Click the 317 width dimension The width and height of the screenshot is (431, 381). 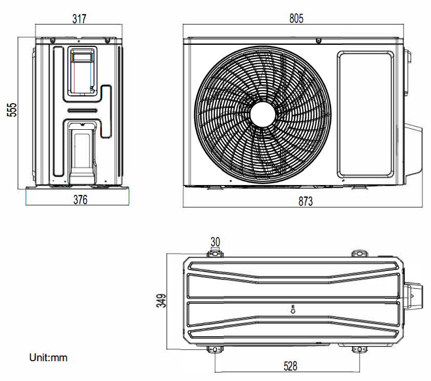(79, 19)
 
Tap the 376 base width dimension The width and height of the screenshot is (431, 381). (80, 200)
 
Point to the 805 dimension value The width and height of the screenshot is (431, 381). (296, 19)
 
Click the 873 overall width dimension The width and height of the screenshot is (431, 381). (306, 201)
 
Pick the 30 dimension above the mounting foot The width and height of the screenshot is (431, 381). (215, 242)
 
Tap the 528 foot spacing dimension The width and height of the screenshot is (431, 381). (290, 366)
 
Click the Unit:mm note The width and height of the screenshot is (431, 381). (48, 358)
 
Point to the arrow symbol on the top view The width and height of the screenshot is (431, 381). (293, 309)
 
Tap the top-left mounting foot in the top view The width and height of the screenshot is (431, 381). (215, 253)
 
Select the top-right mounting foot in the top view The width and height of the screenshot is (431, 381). (359, 253)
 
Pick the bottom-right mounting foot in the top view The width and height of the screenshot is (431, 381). (359, 349)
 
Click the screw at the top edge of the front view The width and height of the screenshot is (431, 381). (318, 40)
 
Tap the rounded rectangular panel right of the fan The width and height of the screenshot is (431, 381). (366, 114)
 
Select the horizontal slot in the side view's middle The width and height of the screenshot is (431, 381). (82, 110)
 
